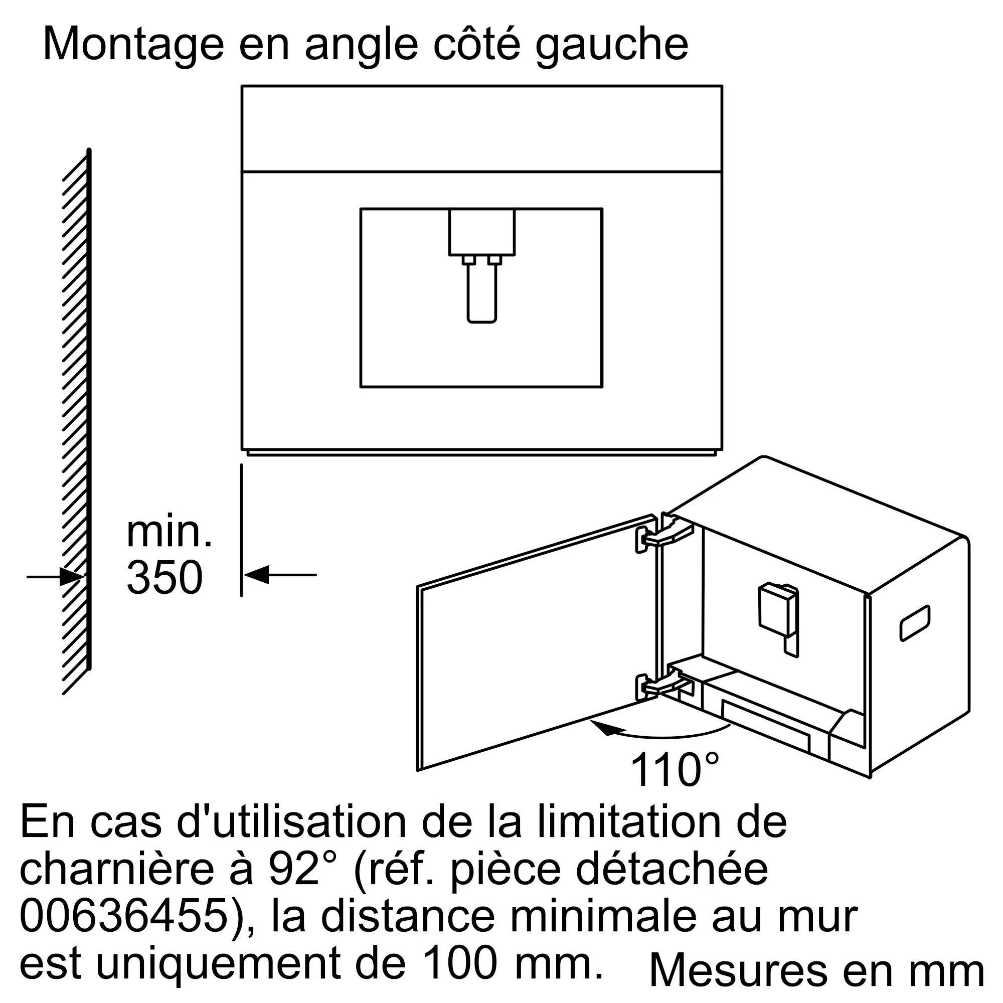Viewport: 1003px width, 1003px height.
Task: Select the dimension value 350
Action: [164, 577]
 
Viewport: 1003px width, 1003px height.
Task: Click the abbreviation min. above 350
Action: [169, 532]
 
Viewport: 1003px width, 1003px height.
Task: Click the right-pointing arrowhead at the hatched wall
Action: [72, 576]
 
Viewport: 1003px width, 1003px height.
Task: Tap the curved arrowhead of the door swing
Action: [604, 728]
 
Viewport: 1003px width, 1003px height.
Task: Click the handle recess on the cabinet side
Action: [915, 623]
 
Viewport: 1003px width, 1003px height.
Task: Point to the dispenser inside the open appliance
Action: [778, 618]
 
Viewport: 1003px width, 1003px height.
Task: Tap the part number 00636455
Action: [125, 917]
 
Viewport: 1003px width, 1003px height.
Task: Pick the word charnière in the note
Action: [117, 869]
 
